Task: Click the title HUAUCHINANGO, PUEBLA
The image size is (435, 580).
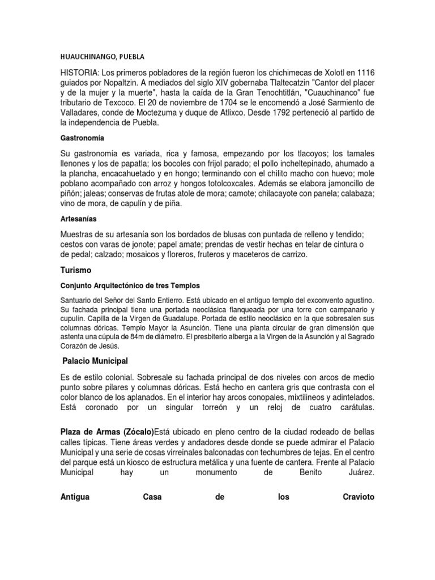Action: click(x=103, y=57)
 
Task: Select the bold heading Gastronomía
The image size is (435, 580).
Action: click(x=82, y=138)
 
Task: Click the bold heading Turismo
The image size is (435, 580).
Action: click(x=76, y=271)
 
